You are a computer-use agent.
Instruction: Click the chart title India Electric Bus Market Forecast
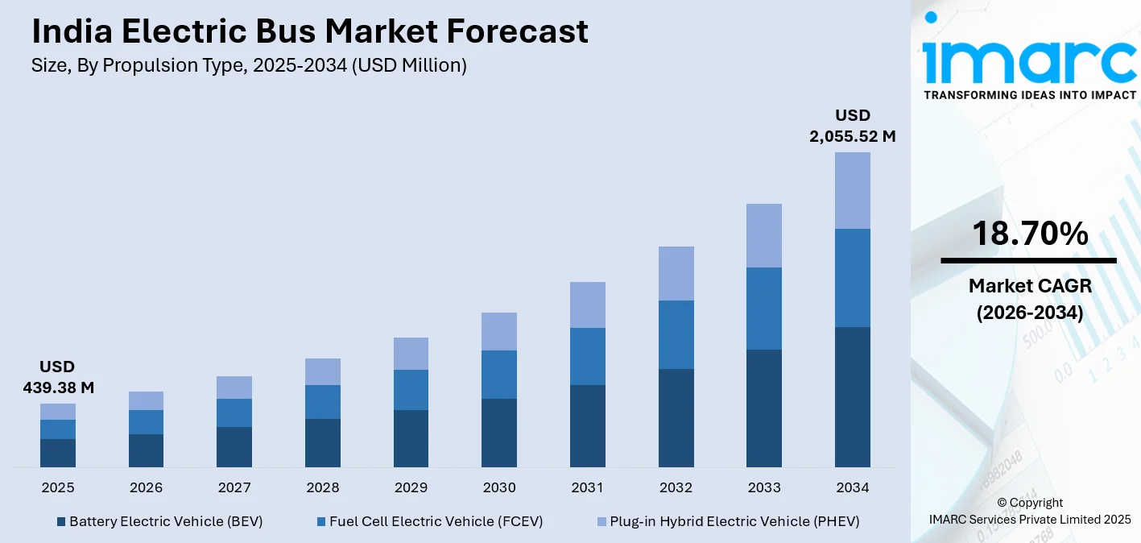click(310, 31)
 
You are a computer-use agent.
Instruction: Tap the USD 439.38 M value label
click(58, 377)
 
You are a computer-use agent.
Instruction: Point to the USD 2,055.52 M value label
click(852, 126)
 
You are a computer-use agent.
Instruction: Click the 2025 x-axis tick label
click(58, 487)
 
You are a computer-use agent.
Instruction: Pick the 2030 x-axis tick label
click(499, 487)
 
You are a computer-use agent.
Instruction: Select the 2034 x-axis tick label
click(852, 487)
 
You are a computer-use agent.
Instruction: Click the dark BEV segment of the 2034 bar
click(852, 396)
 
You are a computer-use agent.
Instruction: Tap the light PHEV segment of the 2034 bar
click(852, 190)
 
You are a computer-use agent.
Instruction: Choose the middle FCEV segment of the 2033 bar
click(763, 308)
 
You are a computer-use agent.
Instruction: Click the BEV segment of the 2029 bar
click(411, 438)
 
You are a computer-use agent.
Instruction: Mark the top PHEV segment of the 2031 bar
click(587, 305)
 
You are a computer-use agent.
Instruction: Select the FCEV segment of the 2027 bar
click(234, 412)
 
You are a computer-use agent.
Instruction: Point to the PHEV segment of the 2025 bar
click(58, 411)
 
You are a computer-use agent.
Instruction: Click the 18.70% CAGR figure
click(1029, 234)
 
